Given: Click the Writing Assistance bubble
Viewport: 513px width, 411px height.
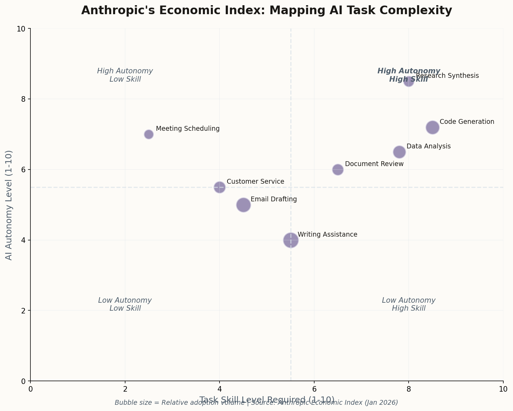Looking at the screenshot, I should pos(291,240).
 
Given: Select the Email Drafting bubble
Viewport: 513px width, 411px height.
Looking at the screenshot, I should pos(243,205).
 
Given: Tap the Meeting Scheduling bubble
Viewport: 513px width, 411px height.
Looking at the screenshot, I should pos(149,134).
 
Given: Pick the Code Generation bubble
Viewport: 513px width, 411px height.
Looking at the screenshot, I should pos(432,127).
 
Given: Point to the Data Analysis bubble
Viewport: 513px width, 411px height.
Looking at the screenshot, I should pos(399,152).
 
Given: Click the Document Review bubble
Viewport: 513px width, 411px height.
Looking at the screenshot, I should pos(338,170).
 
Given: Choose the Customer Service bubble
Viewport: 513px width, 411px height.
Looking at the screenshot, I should pos(220,187).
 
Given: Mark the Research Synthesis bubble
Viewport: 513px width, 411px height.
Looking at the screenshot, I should pos(409,82).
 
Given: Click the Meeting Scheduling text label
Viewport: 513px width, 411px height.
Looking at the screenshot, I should pos(188,129).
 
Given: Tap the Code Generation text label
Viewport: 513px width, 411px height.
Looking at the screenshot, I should pos(467,122).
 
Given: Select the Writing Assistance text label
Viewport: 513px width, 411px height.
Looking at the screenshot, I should pos(327,235).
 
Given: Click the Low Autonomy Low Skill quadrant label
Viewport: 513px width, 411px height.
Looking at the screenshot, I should pos(125,304).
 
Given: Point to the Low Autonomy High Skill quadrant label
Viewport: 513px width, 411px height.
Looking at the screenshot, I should pos(409,304).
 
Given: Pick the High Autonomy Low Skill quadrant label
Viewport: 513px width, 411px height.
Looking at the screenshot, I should pos(125,75).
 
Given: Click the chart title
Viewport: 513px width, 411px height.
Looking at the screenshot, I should pos(267,11).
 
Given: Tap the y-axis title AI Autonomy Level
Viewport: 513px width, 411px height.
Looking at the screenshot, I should pos(9,205).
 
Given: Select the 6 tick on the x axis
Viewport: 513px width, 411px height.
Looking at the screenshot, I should pos(314,389).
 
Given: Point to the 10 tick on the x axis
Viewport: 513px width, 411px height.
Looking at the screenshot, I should pos(503,389).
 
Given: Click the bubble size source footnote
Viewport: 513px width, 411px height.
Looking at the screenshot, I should pos(256,403).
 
